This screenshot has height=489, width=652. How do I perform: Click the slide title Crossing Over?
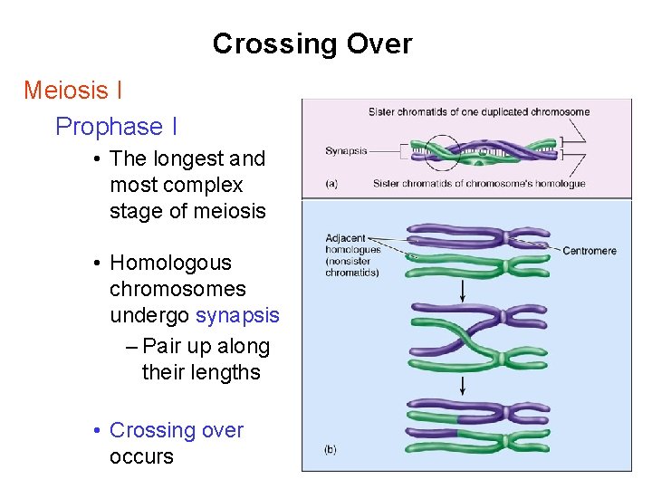coord(312,43)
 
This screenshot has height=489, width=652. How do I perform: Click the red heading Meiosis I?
coord(73,91)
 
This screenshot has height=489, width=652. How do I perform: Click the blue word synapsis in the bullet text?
coord(237,316)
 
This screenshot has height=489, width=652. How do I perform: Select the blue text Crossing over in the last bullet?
coord(176,430)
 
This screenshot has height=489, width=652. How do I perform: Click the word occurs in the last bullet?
coord(141,456)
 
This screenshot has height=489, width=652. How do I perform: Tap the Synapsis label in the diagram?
coord(346,150)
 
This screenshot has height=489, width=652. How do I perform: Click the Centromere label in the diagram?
coord(590,250)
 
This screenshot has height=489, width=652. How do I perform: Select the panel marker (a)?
coord(331,183)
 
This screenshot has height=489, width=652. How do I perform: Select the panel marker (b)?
coord(331,449)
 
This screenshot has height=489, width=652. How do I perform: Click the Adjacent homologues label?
coord(351,255)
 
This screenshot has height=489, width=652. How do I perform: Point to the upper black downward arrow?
coord(464,291)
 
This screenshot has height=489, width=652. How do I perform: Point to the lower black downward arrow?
coord(464,386)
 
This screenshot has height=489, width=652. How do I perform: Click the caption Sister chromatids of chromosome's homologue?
coord(479,184)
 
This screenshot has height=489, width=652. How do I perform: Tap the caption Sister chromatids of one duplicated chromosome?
coord(479,112)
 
